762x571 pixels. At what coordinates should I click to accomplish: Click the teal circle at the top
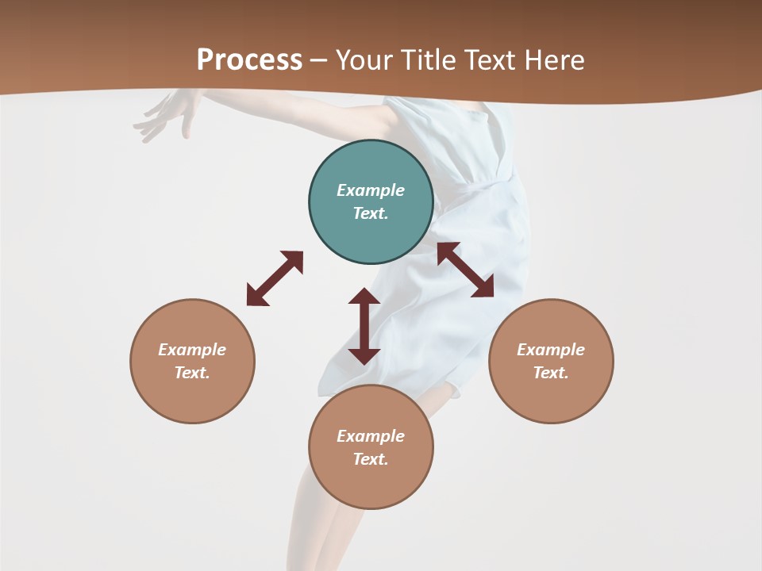(371, 201)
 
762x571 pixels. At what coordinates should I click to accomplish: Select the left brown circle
(192, 361)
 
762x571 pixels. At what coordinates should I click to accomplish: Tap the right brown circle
(551, 361)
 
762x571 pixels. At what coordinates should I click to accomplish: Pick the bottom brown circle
(371, 447)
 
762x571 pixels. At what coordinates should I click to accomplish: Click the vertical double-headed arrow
(364, 326)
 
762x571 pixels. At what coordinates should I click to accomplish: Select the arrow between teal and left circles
(275, 278)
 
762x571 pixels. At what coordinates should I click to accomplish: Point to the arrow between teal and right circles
(465, 270)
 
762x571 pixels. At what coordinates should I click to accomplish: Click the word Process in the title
(249, 59)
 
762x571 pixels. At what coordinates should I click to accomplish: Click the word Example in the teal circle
(371, 190)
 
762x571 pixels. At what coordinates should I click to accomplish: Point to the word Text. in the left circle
(192, 373)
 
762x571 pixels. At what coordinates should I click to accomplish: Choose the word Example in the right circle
(551, 350)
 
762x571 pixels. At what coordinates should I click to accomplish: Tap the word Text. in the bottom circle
(371, 459)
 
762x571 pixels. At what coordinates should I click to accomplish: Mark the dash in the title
(319, 60)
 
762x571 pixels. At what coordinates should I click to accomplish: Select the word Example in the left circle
(192, 350)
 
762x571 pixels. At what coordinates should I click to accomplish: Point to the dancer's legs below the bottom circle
(317, 531)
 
